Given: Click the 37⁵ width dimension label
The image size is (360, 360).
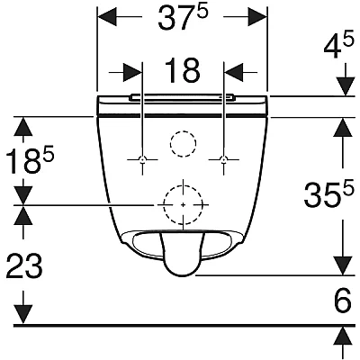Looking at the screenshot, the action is point(183,19).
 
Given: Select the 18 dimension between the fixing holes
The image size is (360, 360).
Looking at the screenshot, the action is point(183,71).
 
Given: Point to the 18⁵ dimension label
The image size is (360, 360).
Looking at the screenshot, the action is point(30,160).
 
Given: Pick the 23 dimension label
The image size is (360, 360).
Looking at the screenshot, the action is point(24,265).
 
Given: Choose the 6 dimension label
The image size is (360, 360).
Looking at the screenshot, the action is point(343,300).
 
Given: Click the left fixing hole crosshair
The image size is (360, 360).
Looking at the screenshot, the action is point(143,159).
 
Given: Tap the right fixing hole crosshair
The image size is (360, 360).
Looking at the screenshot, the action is point(223,159).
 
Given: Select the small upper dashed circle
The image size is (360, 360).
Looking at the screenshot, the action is point(184,131).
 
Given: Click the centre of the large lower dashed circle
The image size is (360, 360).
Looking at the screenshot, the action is point(184,204).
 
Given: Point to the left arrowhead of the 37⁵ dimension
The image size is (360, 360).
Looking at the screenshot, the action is point(107,17).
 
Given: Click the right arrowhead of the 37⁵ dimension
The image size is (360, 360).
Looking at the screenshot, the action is point(257,17).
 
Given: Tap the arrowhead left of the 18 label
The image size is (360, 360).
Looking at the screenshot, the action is point(132,72).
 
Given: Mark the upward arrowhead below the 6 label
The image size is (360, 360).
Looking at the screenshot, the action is point(343,336).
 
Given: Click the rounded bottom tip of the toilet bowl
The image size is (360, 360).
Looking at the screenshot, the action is point(181,275).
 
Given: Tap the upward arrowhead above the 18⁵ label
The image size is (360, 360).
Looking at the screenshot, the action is point(22,126).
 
